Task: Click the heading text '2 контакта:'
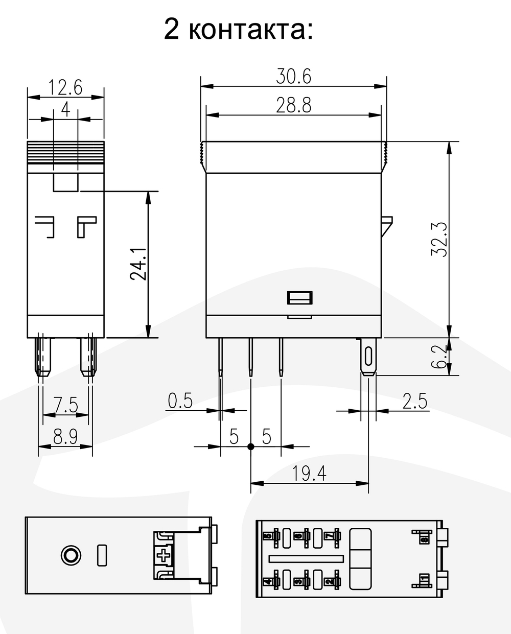point(238,29)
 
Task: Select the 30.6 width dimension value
point(293,77)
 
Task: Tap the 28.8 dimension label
point(293,106)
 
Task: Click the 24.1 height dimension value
point(138,264)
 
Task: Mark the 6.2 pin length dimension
point(440,357)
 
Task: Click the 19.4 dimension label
point(309,474)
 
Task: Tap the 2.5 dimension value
point(414,401)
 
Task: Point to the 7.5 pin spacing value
point(65,406)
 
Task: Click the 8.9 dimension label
point(65,437)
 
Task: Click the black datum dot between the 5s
point(250,447)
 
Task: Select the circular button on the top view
point(70,555)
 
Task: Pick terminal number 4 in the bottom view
point(267,581)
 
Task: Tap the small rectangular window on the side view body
point(300,297)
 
